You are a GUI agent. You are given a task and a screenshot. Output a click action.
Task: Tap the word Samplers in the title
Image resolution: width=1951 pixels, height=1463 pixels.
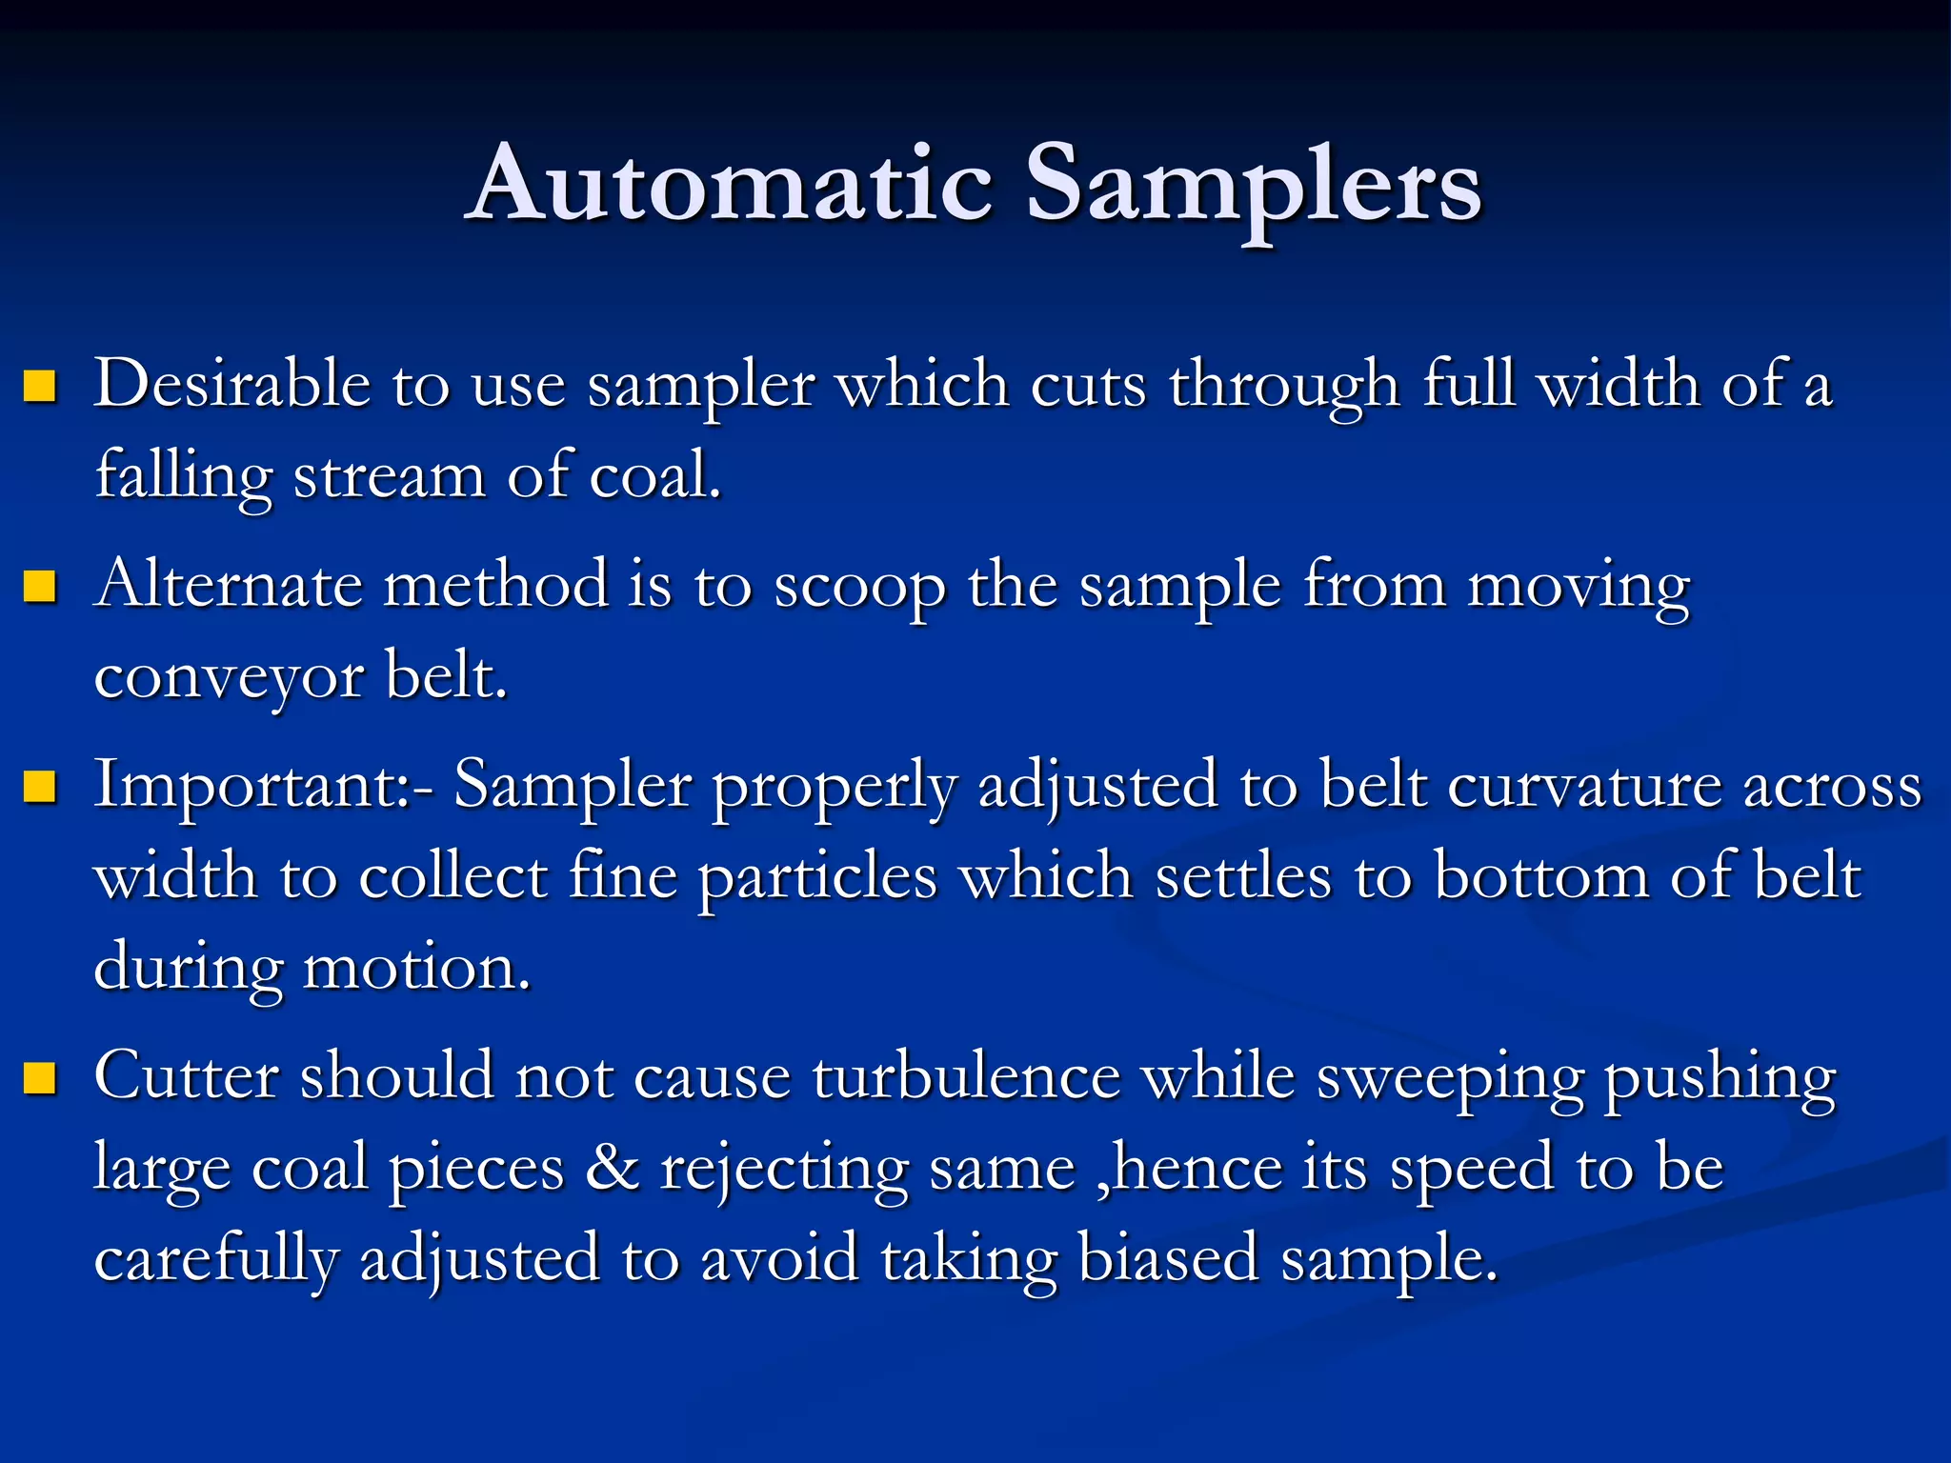1253,187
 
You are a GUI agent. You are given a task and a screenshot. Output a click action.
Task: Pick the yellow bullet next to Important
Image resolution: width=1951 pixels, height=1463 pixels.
40,787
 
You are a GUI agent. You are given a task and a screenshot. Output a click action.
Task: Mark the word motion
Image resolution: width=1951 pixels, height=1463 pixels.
415,968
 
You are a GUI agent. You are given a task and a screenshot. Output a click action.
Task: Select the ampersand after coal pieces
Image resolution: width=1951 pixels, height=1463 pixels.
613,1168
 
